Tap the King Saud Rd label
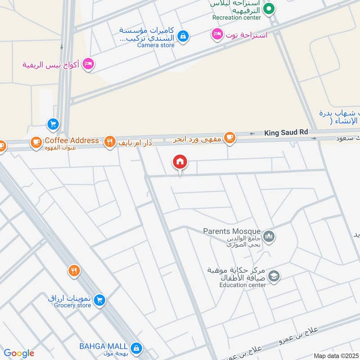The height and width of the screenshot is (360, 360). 286,132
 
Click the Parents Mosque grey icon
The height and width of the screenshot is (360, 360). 269,236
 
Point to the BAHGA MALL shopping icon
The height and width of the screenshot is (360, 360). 136,347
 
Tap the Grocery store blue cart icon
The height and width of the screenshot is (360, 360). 100,300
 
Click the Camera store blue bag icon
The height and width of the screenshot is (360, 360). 182,36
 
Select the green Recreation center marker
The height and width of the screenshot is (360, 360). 269,8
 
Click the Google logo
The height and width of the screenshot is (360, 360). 19,353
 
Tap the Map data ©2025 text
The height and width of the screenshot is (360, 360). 336,356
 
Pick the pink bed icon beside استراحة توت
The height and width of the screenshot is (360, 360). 217,35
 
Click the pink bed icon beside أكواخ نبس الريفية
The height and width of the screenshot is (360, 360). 89,64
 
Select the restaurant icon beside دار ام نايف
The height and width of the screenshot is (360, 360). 109,143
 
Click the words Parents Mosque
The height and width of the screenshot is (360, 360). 231,231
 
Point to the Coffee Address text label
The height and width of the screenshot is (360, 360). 72,140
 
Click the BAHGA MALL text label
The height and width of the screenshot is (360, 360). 103,346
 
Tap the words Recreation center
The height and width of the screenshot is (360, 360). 237,18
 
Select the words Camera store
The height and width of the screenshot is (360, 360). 155,45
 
